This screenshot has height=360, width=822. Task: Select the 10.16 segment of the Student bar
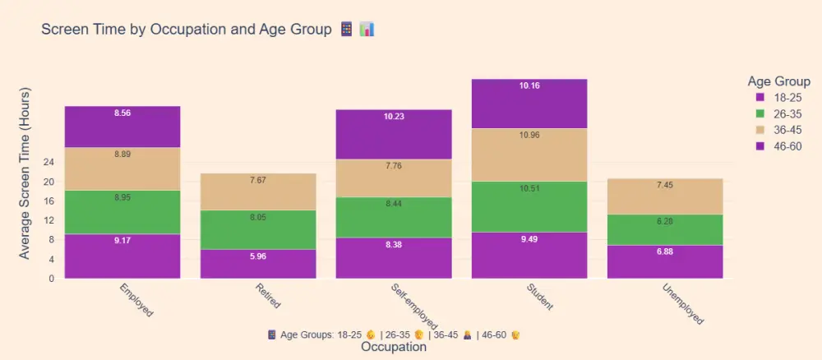(x=529, y=104)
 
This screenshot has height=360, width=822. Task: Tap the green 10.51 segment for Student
(x=529, y=206)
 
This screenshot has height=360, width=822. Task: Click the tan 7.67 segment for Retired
(x=258, y=192)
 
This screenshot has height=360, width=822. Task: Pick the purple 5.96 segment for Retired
(x=258, y=264)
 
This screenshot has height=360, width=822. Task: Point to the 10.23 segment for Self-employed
(x=394, y=134)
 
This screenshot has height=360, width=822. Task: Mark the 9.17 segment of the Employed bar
(x=122, y=256)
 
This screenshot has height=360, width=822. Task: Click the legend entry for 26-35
(x=781, y=113)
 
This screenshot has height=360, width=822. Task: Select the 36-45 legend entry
(x=781, y=130)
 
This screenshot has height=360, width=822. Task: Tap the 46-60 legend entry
(x=781, y=146)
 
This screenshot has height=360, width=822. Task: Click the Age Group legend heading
(x=778, y=81)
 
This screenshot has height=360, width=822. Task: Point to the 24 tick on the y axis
(x=48, y=162)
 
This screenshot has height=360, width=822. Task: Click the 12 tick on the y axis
(x=48, y=220)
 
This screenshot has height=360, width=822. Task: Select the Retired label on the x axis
(x=268, y=296)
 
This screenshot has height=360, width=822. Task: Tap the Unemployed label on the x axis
(x=682, y=304)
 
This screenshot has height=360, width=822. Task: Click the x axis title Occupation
(x=394, y=347)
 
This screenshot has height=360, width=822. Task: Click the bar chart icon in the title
(x=367, y=30)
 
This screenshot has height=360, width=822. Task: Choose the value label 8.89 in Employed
(x=122, y=154)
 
